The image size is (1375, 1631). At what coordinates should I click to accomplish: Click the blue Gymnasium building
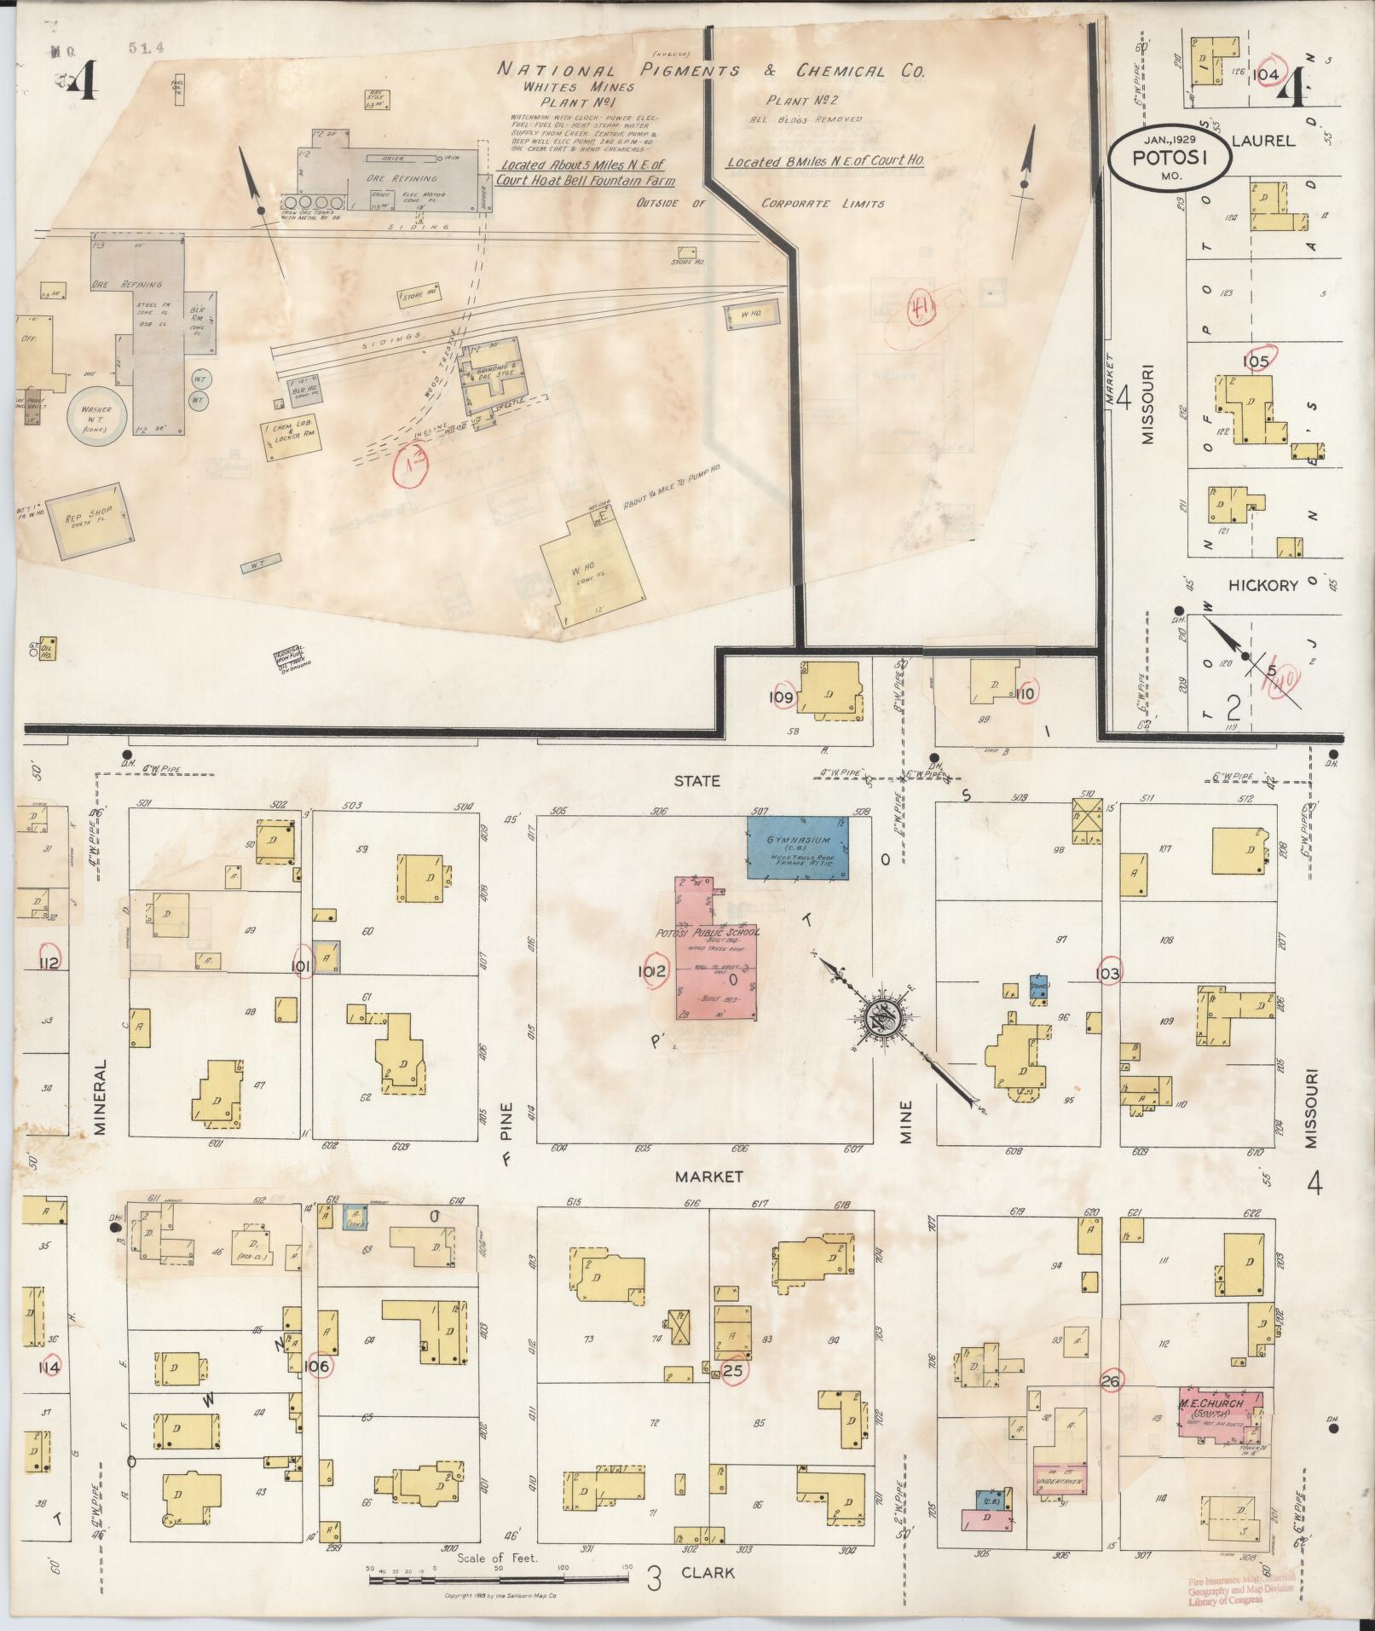coord(798,847)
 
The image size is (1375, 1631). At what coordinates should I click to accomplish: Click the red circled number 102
coord(655,971)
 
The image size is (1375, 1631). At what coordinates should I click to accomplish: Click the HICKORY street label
coord(1262,586)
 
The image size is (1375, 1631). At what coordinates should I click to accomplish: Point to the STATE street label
coord(696,780)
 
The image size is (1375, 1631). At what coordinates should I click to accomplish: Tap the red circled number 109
coord(783,698)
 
